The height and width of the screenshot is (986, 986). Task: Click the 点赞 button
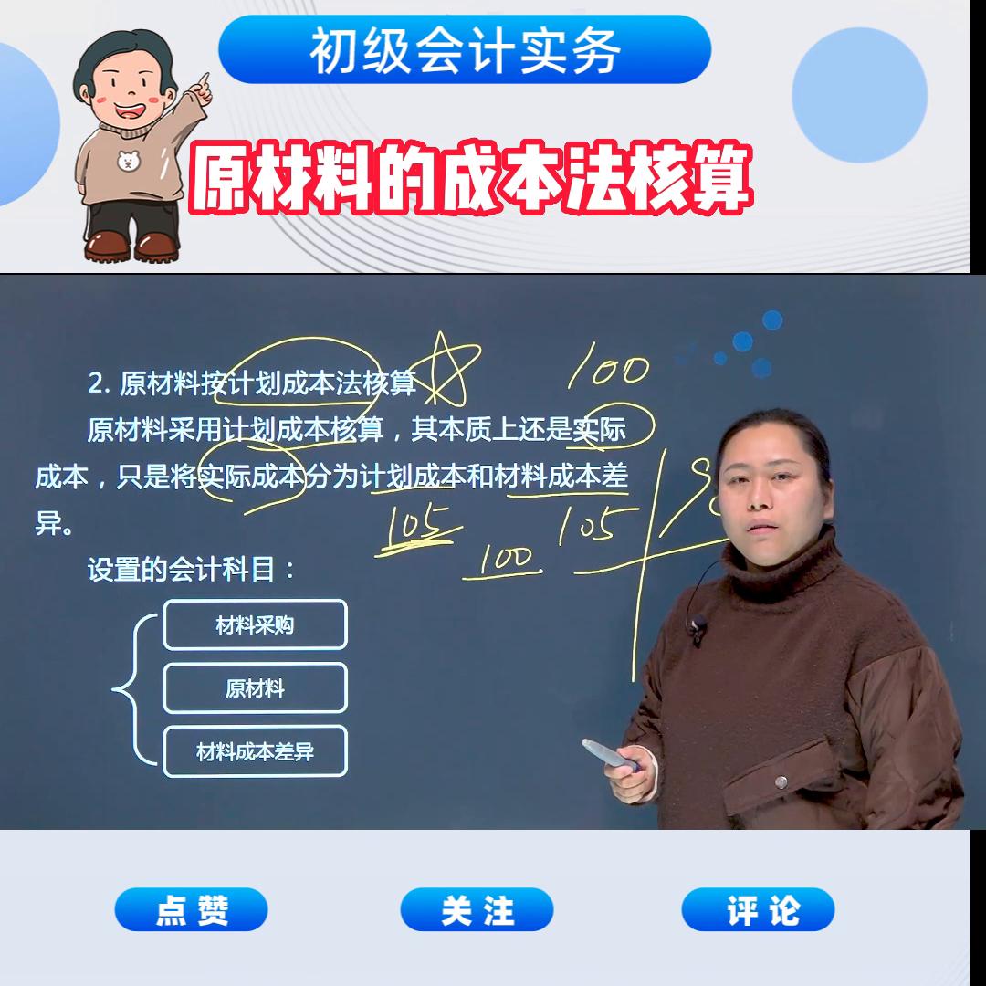point(191,909)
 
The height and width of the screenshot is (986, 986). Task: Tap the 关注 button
point(477,909)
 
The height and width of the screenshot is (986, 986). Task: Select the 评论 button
point(758,909)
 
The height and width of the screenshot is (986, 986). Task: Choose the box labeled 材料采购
point(255,625)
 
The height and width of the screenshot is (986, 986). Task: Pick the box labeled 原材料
point(255,688)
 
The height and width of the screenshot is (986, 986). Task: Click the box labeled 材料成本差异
point(255,751)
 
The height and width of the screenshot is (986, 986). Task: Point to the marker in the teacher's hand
point(610,754)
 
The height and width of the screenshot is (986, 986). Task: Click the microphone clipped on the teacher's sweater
point(698,626)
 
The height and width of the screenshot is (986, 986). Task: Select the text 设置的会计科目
point(192,570)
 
